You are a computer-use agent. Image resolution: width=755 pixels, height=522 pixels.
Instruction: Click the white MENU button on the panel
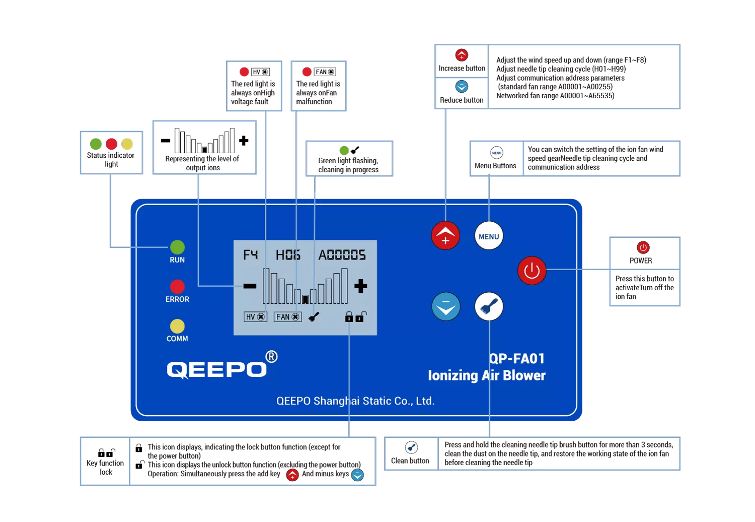(489, 236)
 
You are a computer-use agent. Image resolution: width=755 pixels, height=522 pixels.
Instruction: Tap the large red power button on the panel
(532, 271)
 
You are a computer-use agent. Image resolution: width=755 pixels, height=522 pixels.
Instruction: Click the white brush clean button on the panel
(489, 306)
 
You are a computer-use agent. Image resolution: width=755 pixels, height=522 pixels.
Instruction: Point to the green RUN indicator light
(177, 247)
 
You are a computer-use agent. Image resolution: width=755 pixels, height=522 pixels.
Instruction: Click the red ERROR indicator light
(177, 286)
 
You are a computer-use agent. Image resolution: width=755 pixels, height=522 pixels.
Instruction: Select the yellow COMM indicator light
(177, 326)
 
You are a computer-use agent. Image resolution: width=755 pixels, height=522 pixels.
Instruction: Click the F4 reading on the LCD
(250, 255)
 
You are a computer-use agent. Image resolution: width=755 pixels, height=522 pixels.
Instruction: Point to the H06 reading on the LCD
(288, 255)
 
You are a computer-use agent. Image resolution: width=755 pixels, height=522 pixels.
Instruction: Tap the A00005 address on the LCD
(342, 255)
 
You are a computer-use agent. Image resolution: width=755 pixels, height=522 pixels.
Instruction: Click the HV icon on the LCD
(255, 317)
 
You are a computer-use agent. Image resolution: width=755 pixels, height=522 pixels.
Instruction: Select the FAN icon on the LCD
(287, 317)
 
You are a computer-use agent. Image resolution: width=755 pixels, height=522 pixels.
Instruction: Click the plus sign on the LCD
(360, 286)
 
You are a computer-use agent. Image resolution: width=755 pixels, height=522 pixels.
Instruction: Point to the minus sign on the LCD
(250, 286)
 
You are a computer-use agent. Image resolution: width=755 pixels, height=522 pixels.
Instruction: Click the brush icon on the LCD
(314, 317)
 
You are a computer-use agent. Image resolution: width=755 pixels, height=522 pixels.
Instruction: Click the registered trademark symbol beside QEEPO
(271, 357)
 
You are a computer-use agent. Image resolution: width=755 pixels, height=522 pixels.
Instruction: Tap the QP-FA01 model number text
(517, 358)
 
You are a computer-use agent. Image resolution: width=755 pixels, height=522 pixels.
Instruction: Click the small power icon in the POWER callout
(643, 247)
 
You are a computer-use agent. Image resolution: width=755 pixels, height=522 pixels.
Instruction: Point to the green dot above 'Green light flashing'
(344, 150)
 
